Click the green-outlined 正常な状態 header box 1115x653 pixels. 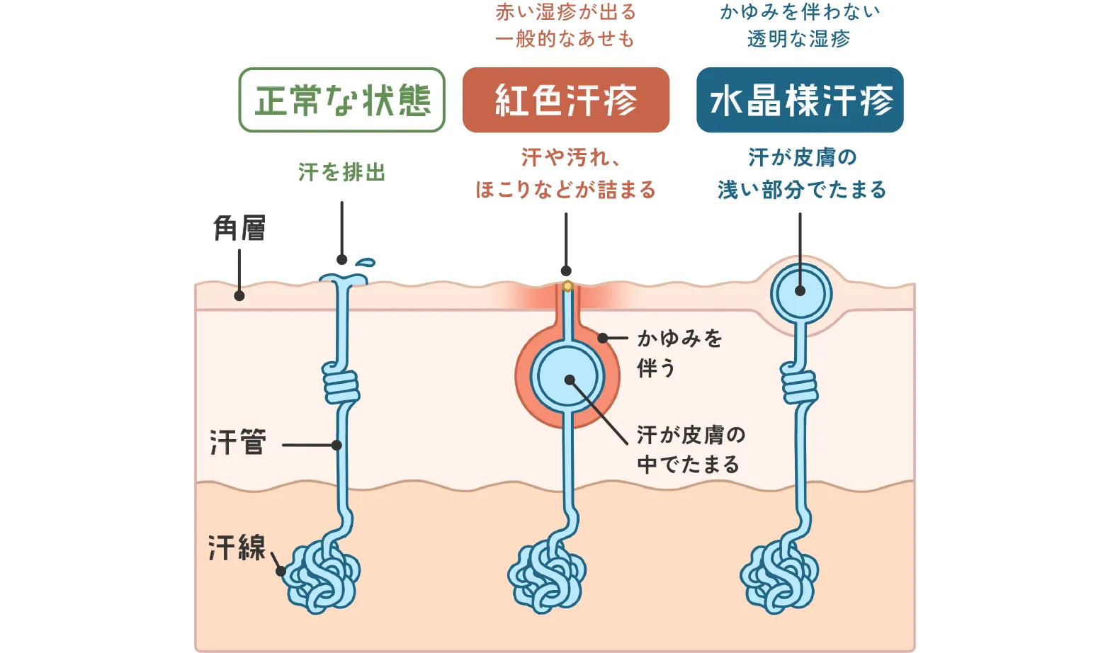[x=341, y=100]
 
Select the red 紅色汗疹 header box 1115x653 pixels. [x=565, y=100]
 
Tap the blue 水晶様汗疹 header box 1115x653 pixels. [x=800, y=100]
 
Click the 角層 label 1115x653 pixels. [x=239, y=228]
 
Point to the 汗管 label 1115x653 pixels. [x=238, y=442]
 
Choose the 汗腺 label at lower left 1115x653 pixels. [x=237, y=547]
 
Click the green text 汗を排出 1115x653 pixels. [x=341, y=172]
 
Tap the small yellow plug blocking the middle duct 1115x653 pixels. [x=567, y=286]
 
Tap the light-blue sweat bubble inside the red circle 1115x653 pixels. [x=567, y=377]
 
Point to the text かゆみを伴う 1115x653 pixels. [x=679, y=353]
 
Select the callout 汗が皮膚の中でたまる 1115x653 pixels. [x=690, y=449]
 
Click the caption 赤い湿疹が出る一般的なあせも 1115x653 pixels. [x=565, y=25]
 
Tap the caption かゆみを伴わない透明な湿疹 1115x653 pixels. [x=800, y=25]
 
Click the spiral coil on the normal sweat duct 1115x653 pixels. [x=341, y=384]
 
